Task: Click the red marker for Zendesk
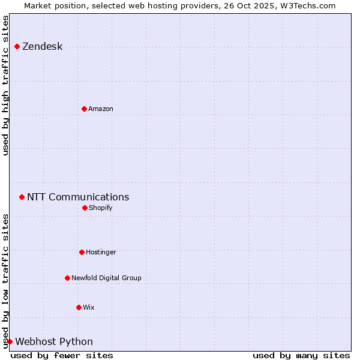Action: [17, 46]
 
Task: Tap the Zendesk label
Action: [42, 47]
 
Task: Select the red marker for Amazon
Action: [84, 109]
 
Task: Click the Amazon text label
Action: [100, 109]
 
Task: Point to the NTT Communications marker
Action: [22, 197]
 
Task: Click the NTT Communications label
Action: [78, 197]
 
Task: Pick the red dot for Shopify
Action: [85, 208]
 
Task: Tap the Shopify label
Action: [100, 208]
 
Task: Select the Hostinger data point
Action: [82, 252]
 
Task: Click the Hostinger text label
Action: [101, 252]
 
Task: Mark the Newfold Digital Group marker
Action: [67, 278]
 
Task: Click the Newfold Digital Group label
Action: [106, 278]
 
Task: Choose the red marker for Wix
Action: [79, 307]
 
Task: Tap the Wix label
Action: [88, 307]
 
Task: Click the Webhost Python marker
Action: [10, 341]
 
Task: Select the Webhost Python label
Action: [54, 342]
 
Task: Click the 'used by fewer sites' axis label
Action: [62, 355]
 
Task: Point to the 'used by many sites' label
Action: [301, 355]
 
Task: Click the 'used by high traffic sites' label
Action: [5, 85]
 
